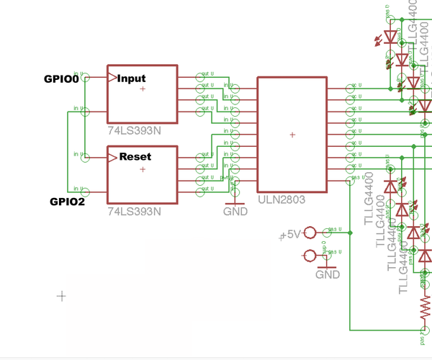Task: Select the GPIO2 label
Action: (67, 202)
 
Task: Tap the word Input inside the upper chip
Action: (132, 78)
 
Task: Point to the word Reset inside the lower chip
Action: (135, 156)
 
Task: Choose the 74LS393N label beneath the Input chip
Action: (134, 132)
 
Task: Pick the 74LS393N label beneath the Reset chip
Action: (134, 212)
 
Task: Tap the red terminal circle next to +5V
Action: (310, 233)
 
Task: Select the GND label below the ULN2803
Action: (235, 212)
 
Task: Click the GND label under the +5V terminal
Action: (328, 275)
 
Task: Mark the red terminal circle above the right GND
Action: (310, 255)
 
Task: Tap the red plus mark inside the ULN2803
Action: (292, 135)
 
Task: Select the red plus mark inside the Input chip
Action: (143, 89)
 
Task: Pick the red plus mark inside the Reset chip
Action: (143, 169)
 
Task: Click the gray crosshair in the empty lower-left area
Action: (62, 295)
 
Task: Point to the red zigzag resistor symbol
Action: (425, 310)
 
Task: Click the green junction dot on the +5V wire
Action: (350, 233)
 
